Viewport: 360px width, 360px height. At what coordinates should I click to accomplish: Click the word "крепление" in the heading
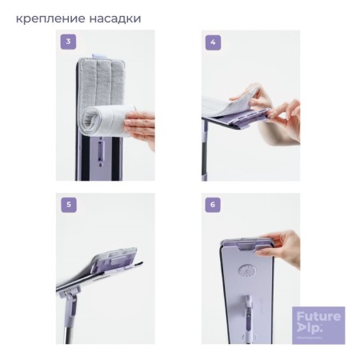pos(53,17)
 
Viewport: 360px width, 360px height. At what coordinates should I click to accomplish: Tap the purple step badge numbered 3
pos(70,42)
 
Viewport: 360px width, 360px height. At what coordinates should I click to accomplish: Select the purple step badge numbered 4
pos(212,42)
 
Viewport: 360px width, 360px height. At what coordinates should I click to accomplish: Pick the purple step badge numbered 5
pos(70,205)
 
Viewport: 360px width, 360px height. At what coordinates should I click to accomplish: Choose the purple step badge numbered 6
pos(212,205)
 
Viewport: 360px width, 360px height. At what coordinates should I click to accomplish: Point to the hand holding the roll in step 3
pos(142,126)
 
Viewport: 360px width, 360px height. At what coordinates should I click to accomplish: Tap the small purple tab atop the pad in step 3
pos(101,56)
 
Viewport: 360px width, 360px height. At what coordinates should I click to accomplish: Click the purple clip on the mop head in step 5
pos(112,268)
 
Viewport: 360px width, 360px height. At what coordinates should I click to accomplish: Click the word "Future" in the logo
pos(317,316)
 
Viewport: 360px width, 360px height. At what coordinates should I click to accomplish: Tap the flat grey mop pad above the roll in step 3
pos(99,80)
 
